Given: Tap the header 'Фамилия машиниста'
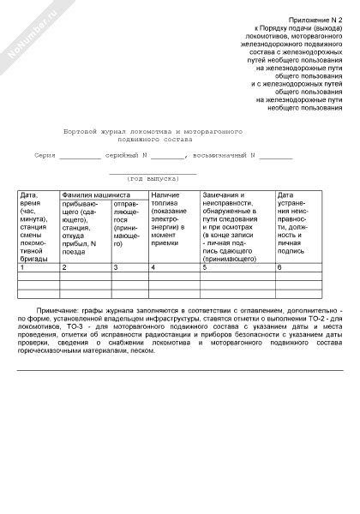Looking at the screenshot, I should (91, 196).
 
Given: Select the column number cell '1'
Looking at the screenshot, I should (21, 268).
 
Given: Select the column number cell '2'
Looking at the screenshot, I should (63, 268).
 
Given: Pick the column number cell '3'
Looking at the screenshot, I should (116, 268).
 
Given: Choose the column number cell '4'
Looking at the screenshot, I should (153, 268).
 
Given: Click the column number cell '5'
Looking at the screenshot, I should (204, 268).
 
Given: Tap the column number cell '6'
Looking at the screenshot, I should (279, 268).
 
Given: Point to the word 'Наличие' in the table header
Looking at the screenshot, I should (165, 196).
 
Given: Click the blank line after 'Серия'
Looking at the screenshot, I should (80, 158).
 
